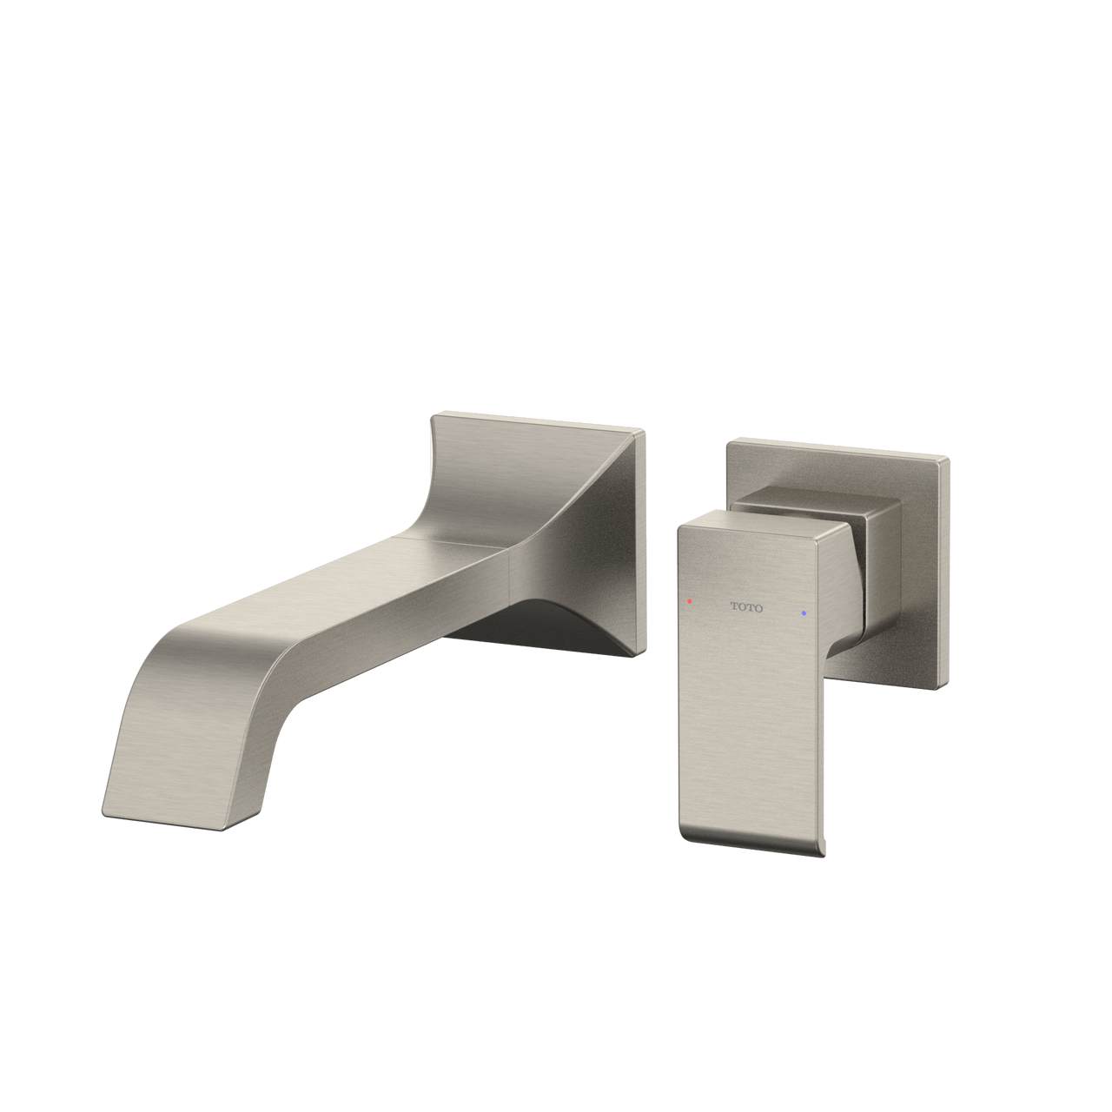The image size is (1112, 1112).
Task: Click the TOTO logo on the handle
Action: (746, 607)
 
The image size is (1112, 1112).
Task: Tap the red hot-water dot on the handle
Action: (689, 600)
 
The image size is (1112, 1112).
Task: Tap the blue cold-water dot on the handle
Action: (804, 613)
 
